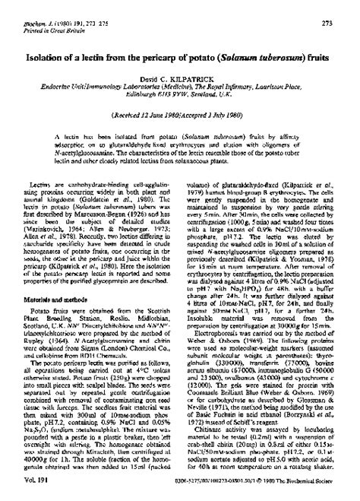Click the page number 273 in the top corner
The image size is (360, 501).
pos(343,6)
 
